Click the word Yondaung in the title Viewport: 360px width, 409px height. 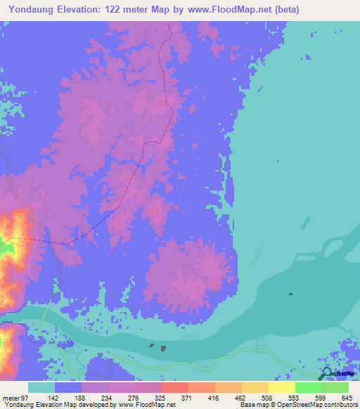click(x=33, y=10)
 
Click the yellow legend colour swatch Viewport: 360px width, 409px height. click(x=281, y=387)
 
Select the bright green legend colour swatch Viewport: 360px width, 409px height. click(x=308, y=387)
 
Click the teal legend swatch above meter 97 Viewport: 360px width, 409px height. click(x=41, y=387)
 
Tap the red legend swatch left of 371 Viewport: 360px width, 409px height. click(x=174, y=387)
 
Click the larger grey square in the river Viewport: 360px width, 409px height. click(x=163, y=348)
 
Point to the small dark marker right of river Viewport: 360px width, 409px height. click(x=290, y=294)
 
